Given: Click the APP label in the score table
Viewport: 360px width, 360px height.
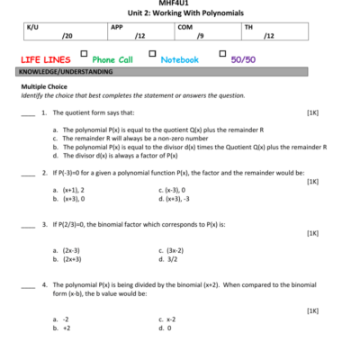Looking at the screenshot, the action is pos(117,27).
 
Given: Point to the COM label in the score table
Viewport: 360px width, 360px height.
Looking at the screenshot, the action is pos(185,27).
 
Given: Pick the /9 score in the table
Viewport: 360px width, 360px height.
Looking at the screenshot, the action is pos(200,37).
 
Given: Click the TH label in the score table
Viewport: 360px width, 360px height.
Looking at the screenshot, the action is pos(248,27).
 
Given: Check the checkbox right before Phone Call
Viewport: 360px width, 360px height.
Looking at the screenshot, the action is pos(84,55).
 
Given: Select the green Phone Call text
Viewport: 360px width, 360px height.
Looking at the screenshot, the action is pos(112,58).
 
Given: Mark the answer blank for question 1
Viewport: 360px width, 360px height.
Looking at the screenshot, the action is pos(27,114).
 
